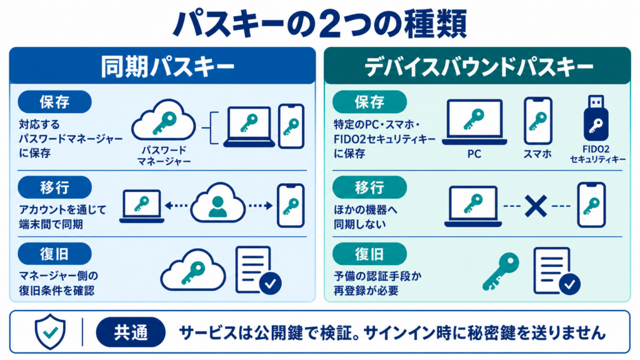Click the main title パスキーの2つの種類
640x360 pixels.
coord(319,23)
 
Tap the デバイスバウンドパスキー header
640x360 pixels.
coord(477,66)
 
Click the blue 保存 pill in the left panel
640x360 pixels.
coord(55,102)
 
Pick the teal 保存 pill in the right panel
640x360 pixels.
coord(369,102)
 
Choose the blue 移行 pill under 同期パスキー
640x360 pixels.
coord(55,187)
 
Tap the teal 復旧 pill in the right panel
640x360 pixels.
coord(369,254)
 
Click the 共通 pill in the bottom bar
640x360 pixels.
coord(131,332)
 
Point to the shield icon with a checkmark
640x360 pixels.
coord(50,331)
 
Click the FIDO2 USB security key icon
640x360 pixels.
coord(596,118)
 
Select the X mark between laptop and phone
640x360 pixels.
coord(536,206)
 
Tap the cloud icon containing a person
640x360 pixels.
coord(218,203)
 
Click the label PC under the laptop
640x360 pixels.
coord(474,154)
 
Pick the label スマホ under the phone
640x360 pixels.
coord(537,154)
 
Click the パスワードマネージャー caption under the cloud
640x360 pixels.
coord(164,156)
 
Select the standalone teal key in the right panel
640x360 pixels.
coord(501,271)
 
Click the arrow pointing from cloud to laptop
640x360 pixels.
coord(176,205)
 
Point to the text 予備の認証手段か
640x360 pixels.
coord(377,276)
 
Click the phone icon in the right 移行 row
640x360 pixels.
coord(591,205)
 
